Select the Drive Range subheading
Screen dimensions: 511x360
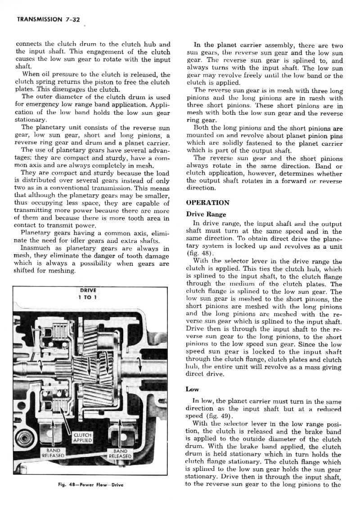pos(207,214)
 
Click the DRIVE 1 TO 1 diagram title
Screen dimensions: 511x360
pos(85,293)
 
